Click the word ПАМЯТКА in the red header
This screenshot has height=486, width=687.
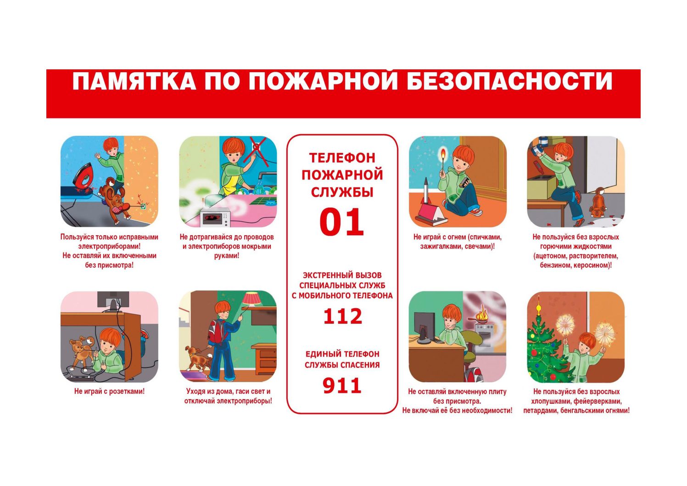click(x=134, y=81)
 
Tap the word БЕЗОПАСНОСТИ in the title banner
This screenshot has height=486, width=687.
click(x=509, y=81)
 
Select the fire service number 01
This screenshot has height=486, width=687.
click(x=341, y=222)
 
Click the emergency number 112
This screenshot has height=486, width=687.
click(x=342, y=316)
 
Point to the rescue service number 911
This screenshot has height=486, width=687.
click(x=342, y=385)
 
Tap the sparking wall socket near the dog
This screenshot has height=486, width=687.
click(x=143, y=206)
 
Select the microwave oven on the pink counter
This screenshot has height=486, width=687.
click(x=215, y=217)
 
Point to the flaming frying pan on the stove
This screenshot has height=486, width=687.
click(x=481, y=316)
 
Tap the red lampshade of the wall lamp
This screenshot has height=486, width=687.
click(x=251, y=298)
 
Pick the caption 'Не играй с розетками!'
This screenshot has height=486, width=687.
click(x=109, y=391)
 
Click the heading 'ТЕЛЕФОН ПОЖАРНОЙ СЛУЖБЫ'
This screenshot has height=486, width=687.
click(x=342, y=175)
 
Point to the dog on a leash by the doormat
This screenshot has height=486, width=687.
click(x=197, y=357)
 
